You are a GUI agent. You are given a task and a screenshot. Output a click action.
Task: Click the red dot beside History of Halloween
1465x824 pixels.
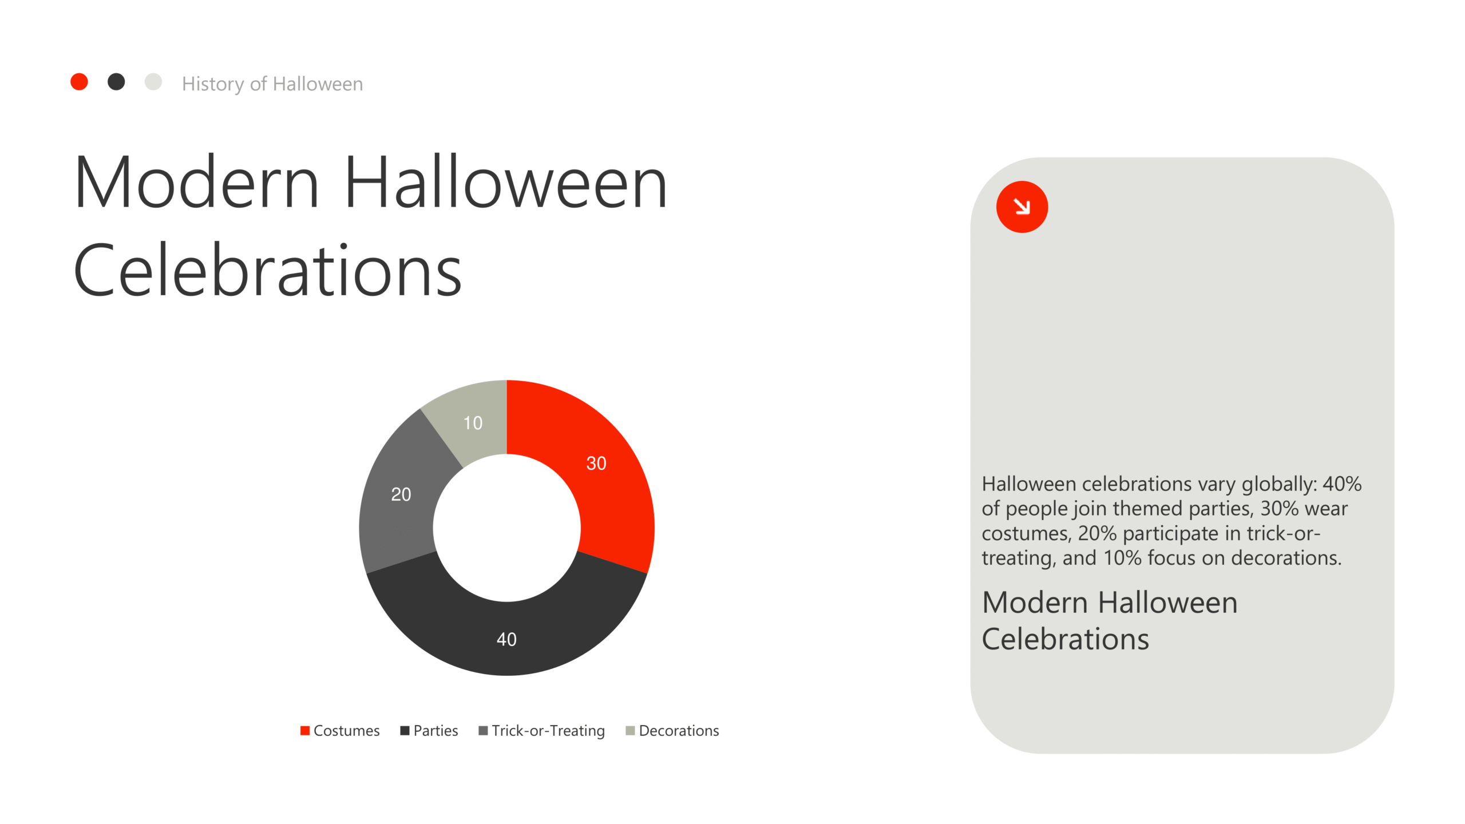pos(79,82)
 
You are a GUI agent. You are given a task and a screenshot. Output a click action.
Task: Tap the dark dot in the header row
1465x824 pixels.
pos(116,82)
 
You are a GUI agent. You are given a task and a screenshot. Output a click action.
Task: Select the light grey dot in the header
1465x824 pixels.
pos(153,82)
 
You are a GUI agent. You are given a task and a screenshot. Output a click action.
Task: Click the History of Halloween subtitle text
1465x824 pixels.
pos(272,84)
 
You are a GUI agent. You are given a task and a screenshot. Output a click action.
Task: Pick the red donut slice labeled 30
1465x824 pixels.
pos(607,475)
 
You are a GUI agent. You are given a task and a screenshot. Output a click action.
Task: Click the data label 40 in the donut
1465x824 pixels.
pos(506,639)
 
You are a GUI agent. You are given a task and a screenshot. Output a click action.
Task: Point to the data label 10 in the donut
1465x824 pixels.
pos(473,423)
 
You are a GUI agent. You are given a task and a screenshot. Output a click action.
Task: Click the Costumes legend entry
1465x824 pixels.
pos(340,731)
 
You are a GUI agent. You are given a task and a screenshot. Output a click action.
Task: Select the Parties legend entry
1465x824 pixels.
pos(429,731)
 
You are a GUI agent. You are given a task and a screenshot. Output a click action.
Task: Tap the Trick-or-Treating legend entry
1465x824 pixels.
pos(541,731)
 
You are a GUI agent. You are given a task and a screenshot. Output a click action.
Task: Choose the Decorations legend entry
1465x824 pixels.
pos(672,731)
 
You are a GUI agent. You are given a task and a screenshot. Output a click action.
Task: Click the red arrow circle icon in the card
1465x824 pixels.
pos(1022,207)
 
